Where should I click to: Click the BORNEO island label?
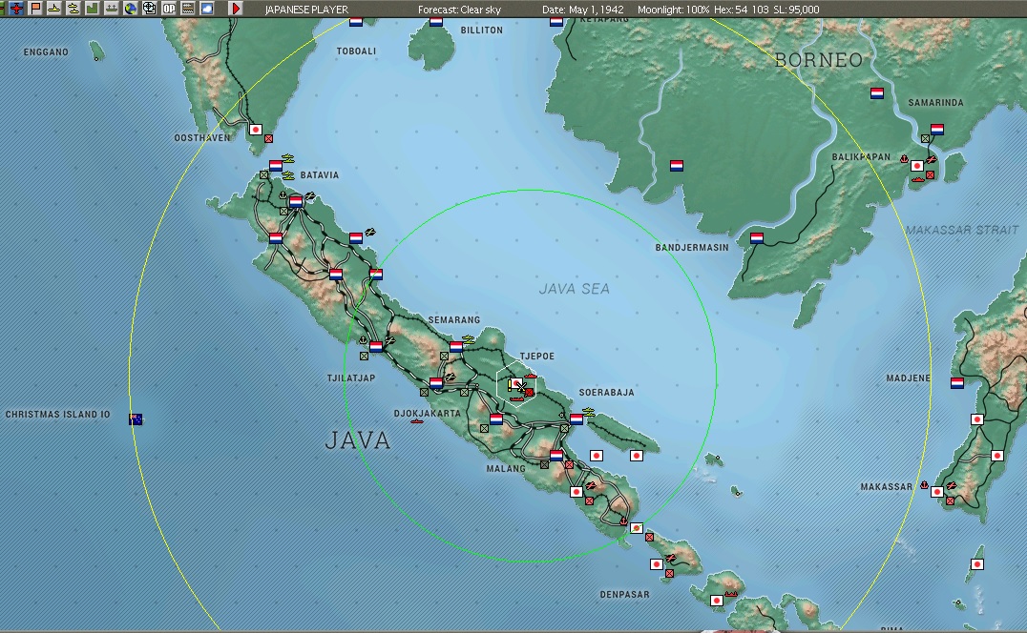(818, 59)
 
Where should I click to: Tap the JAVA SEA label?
(574, 288)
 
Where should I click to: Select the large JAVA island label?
(358, 439)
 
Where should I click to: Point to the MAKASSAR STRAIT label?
(964, 230)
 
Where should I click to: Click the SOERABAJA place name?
(606, 393)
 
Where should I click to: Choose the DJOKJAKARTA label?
(427, 414)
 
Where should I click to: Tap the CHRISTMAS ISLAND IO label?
(58, 415)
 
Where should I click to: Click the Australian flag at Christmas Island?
(136, 419)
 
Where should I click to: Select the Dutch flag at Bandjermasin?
(757, 238)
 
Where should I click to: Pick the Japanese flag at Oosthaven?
(255, 129)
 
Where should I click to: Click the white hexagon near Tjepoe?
(517, 385)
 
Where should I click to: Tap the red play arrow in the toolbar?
(236, 9)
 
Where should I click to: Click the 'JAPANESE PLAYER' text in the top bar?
(306, 10)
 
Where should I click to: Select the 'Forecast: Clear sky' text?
(459, 10)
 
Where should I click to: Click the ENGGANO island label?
(46, 52)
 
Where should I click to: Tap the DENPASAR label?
(624, 595)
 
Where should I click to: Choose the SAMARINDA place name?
(935, 103)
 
